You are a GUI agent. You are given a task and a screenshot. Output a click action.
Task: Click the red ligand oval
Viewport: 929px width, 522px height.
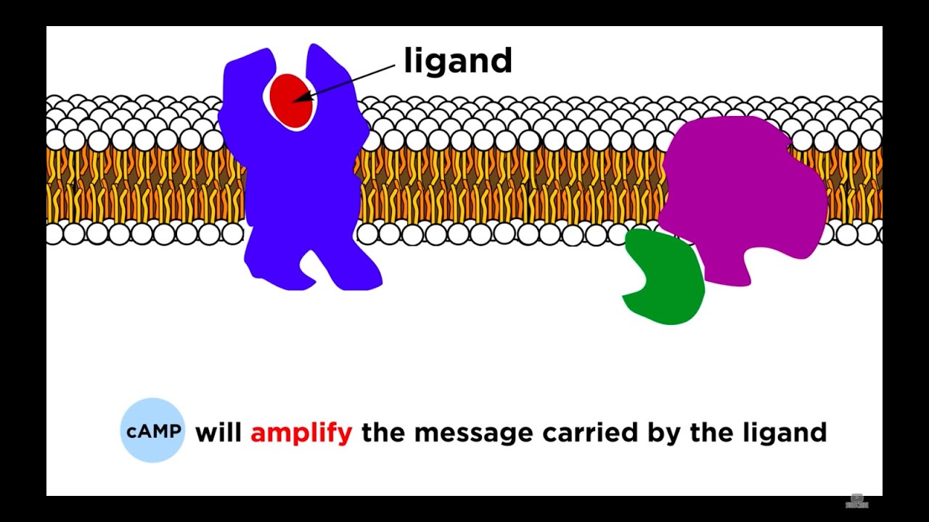click(x=290, y=101)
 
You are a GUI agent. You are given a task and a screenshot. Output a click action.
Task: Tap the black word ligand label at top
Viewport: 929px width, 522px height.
click(x=458, y=62)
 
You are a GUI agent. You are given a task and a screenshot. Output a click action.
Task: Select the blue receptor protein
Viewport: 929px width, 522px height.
click(x=301, y=188)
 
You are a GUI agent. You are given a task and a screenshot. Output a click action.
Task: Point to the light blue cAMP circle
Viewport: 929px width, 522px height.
click(x=152, y=431)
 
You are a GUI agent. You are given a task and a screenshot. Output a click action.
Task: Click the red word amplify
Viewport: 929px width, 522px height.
click(x=301, y=433)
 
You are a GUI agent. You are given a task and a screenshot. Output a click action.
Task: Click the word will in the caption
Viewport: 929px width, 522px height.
click(x=218, y=433)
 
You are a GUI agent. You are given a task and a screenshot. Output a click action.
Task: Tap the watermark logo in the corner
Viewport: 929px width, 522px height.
click(x=857, y=501)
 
